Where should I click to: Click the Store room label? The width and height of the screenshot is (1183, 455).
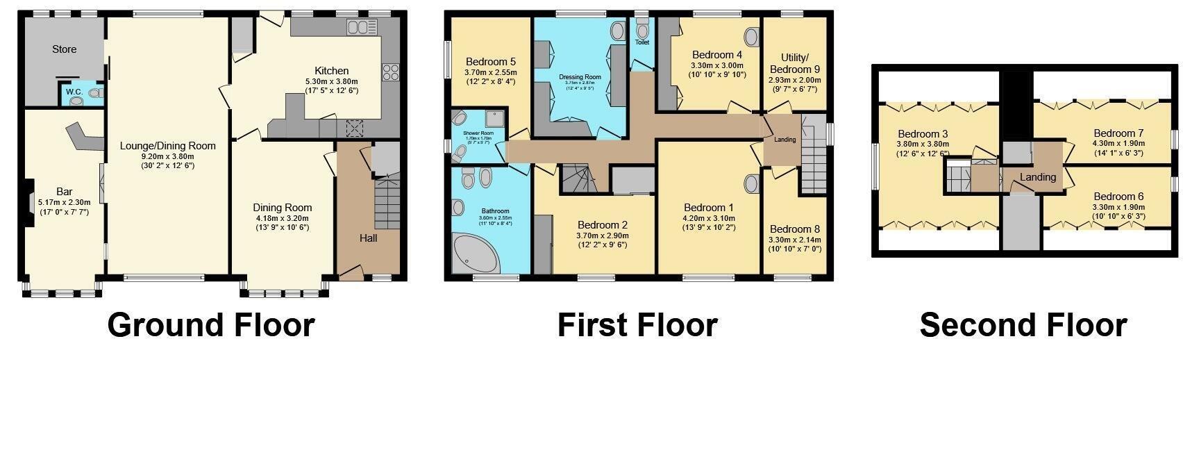64,49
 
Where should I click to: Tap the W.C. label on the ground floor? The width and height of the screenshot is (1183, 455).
74,92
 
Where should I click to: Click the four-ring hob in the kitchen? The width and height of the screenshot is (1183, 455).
389,72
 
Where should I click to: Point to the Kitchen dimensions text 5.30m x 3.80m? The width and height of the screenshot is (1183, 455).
331,81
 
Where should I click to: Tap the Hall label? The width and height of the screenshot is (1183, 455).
368,238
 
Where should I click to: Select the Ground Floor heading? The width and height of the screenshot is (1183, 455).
211,325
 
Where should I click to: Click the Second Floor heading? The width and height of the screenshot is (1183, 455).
1023,325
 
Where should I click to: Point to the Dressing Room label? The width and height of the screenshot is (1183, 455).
580,77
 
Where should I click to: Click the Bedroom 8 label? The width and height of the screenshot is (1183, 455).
794,229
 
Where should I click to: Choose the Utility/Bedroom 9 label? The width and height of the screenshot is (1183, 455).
795,63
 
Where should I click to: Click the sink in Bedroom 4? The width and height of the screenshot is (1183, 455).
751,37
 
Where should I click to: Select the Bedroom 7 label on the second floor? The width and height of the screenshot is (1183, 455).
1118,133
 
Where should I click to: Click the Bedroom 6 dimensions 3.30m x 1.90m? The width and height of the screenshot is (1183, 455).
1118,207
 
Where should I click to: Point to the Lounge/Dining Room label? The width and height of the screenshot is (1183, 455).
167,146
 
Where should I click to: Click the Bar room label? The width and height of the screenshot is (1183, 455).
64,192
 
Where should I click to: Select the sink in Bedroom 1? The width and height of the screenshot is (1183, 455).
750,184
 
